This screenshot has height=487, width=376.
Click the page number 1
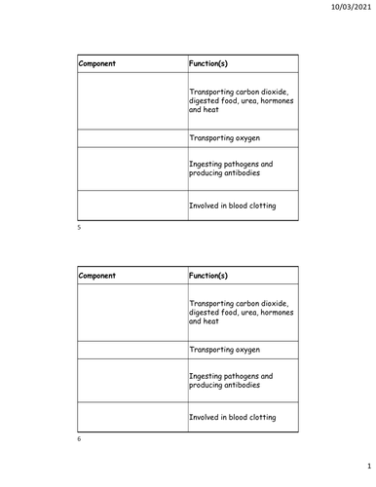coord(357,467)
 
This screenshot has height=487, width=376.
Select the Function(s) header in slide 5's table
coord(208,63)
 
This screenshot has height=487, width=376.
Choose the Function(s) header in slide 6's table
coord(208,275)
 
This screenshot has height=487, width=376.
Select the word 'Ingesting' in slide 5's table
coord(207,164)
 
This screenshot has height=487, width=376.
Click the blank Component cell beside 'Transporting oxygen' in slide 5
coord(131,138)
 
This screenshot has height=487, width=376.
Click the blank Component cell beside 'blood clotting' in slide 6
coord(131,417)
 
